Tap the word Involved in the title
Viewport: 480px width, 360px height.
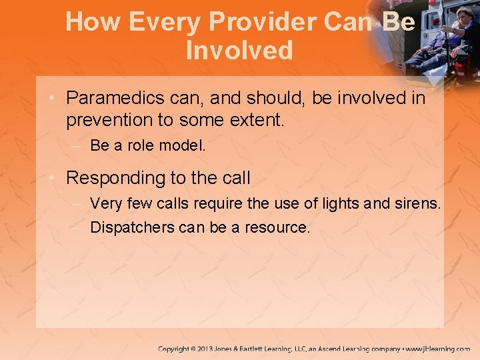[x=239, y=51]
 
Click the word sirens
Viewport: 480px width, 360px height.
[x=418, y=203]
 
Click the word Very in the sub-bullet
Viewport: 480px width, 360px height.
[x=105, y=203]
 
